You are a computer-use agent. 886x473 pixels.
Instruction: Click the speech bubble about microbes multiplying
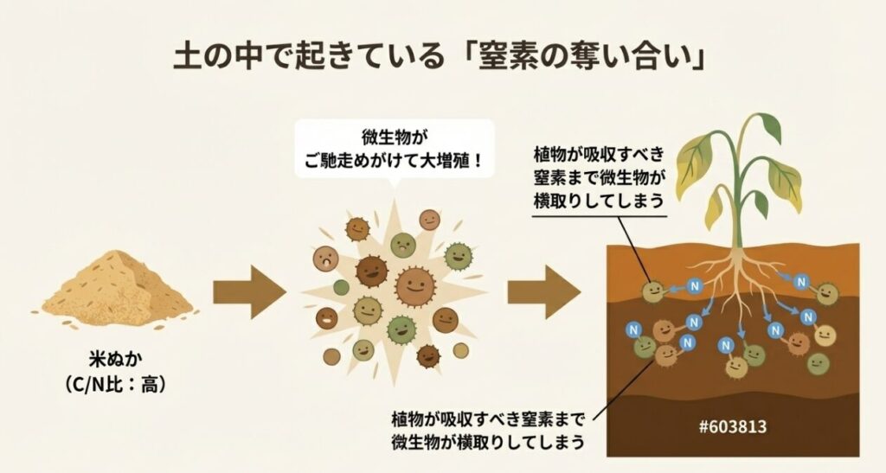(394, 149)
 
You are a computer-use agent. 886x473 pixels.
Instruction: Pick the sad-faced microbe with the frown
(326, 257)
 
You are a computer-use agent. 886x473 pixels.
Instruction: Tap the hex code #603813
(733, 426)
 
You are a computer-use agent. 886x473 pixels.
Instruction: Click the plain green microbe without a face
(341, 287)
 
